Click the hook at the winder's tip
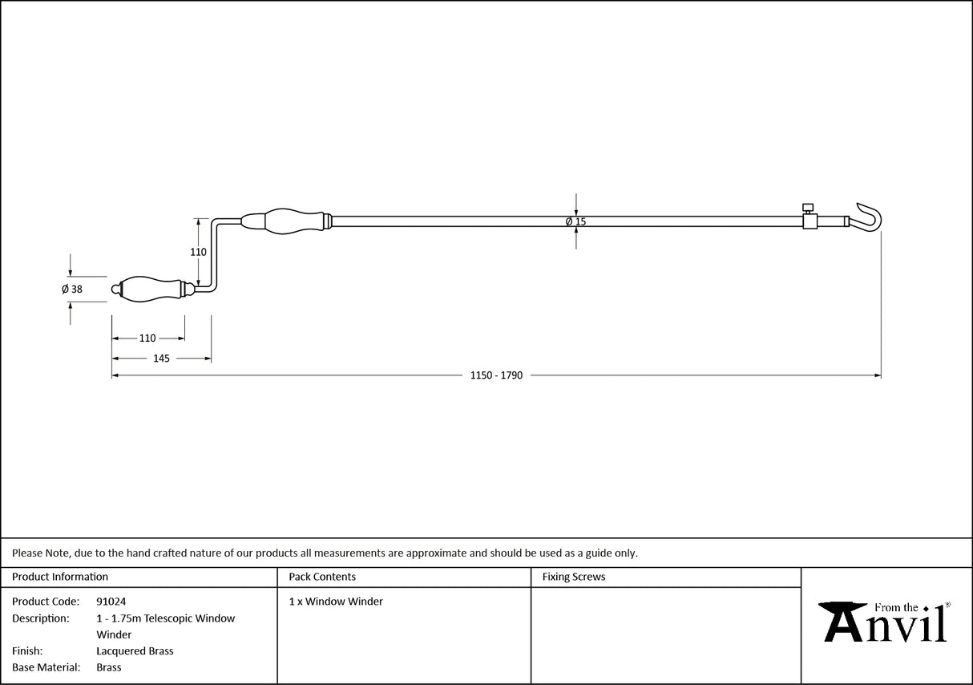[x=871, y=217]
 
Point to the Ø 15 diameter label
[x=575, y=221]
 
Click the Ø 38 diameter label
[x=72, y=290]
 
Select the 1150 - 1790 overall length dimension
[x=496, y=375]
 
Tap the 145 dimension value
[x=161, y=359]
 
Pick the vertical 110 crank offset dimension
[x=198, y=252]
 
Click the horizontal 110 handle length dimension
[x=147, y=338]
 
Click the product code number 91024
[x=111, y=602]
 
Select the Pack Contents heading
[x=322, y=577]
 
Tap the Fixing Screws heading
[x=574, y=577]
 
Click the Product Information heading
[x=60, y=577]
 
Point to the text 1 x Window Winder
[x=336, y=602]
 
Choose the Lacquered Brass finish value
[x=135, y=651]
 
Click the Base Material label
[x=46, y=667]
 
